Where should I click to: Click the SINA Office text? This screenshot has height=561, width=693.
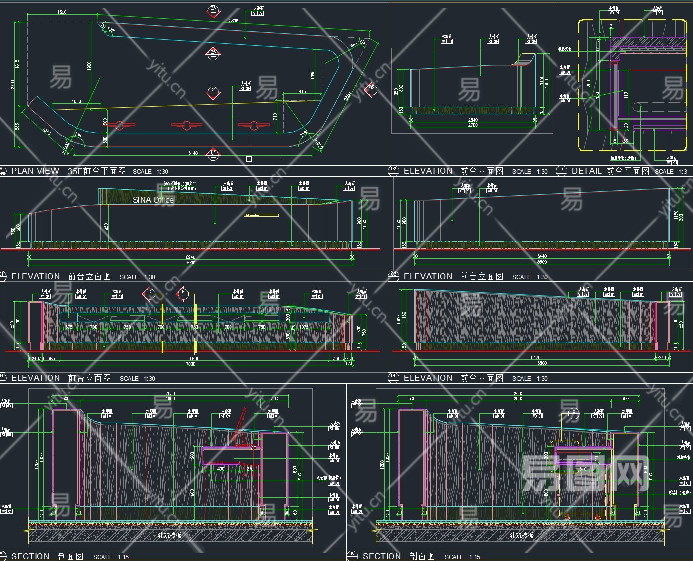153,200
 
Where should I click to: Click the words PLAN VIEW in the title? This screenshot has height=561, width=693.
35,171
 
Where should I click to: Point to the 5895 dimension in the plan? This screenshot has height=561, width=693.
233,21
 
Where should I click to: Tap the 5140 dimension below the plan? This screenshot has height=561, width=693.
193,153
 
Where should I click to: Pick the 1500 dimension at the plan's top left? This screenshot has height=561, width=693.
62,12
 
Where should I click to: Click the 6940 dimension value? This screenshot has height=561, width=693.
191,257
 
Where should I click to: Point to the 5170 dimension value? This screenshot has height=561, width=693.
535,358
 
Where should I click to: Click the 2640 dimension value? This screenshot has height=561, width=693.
473,120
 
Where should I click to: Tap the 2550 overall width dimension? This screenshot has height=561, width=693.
170,394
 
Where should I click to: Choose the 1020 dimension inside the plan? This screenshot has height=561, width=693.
76,102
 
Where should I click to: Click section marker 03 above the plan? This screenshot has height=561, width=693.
213,10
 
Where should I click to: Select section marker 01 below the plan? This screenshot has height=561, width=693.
213,153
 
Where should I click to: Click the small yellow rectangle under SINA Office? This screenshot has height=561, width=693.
261,215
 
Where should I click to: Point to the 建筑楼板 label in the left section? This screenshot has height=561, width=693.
170,535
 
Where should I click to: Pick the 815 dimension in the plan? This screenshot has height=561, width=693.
302,91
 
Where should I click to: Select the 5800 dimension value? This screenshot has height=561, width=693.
194,358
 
